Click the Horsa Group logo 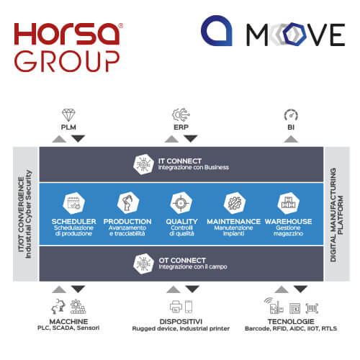point(68,48)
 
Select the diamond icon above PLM point(68,115)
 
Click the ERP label point(181,127)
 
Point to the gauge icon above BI point(291,115)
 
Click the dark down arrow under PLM point(78,139)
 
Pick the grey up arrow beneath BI point(291,139)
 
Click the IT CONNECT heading point(180,161)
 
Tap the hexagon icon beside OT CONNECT point(143,264)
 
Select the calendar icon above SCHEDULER point(73,203)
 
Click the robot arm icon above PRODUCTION point(128,203)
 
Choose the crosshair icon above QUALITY point(181,203)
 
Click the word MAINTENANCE point(233,221)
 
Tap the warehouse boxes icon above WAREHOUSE point(288,203)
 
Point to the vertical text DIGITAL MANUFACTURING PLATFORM point(336,215)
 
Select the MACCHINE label point(68,321)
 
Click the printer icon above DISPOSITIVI point(176,307)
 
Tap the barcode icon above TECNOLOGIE point(312,308)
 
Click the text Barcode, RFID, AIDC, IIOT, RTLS point(291,328)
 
